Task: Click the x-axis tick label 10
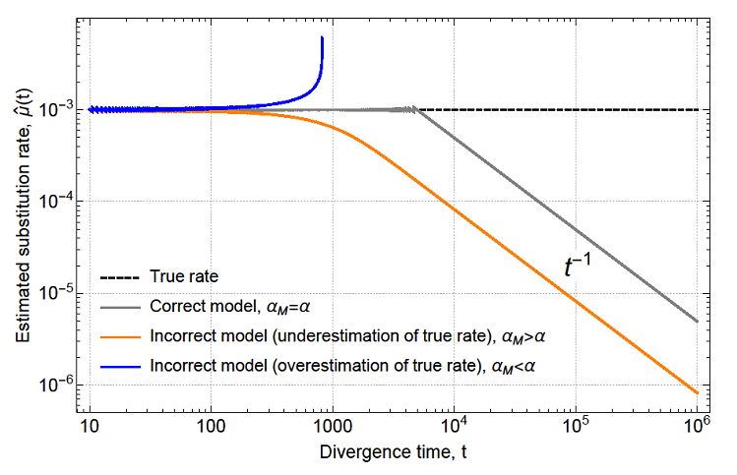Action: pos(90,429)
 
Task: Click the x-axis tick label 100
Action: pos(210,429)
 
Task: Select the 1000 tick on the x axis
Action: pos(331,429)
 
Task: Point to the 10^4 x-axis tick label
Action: pos(453,428)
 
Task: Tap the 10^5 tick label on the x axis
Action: pos(575,428)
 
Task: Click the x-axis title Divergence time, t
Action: pos(393,455)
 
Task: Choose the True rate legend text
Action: pos(187,276)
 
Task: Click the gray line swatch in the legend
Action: pos(120,306)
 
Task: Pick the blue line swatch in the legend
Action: pos(120,365)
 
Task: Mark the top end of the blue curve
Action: pos(322,38)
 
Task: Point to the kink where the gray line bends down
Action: pos(416,108)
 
